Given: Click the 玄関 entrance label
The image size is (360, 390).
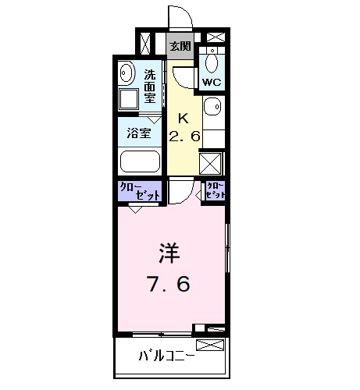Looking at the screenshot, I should (180, 46).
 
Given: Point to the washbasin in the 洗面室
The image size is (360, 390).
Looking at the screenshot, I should (127, 74).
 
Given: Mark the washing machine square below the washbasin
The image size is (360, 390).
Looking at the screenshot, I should (128, 99).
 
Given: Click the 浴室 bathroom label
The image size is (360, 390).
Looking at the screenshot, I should (139, 133).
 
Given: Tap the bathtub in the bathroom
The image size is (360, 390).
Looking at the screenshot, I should (141, 161).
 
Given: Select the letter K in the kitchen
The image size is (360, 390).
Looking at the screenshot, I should (184, 119).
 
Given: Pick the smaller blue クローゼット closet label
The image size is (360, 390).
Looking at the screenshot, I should (215, 190).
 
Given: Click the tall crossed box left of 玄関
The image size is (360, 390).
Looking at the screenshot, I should (145, 42).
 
